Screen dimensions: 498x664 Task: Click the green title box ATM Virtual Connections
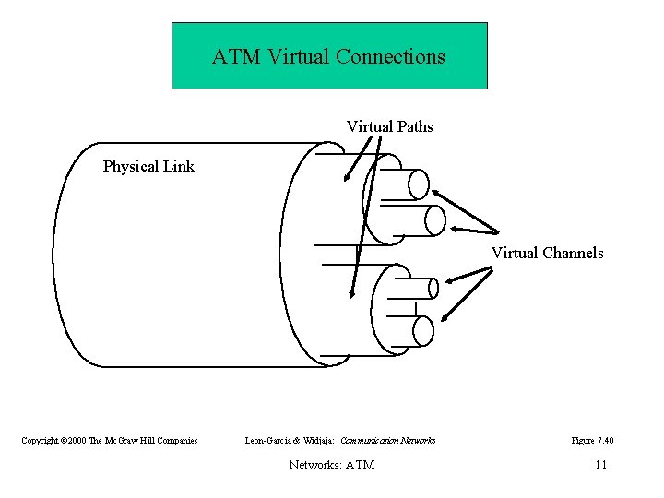tap(329, 55)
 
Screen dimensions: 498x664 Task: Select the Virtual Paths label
tap(389, 126)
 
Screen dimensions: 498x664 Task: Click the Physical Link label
tap(148, 167)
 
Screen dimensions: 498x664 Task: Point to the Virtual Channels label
tap(547, 253)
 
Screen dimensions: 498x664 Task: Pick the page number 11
tap(600, 465)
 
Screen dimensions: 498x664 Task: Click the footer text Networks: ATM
tap(331, 465)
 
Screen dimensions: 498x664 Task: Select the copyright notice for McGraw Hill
tap(110, 441)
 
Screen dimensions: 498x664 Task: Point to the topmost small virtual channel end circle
tap(419, 184)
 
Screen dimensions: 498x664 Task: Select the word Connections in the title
tap(390, 56)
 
